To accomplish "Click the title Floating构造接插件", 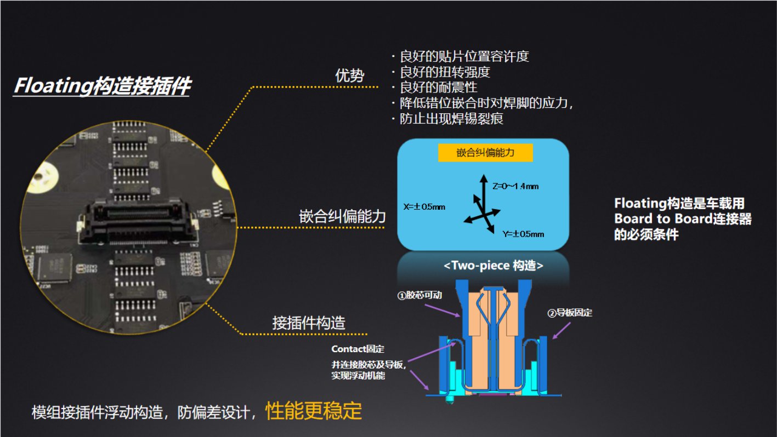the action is coord(103,85).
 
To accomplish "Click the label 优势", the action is coord(349,75).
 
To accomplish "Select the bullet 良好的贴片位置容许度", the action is coord(464,56).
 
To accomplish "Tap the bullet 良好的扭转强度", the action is coord(445,72).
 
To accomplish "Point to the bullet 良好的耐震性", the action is coord(439,87).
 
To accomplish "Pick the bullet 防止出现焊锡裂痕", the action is coord(451,118).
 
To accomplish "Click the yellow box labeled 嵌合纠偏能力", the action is coord(485,152).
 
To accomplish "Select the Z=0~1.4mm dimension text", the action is coord(515,186).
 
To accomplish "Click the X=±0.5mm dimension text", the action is coord(424,207).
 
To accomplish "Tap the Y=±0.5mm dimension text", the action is coord(523,234).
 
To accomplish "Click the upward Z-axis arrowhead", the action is coord(484,178).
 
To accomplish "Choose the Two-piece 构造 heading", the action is coord(494,266).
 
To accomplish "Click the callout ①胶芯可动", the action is coord(419,295).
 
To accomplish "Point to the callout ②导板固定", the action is coord(570,313).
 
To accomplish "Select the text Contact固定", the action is coord(358,349).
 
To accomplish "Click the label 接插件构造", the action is coord(309,323).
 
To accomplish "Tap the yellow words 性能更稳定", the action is coord(314,411).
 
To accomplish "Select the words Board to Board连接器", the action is coord(683,219).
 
